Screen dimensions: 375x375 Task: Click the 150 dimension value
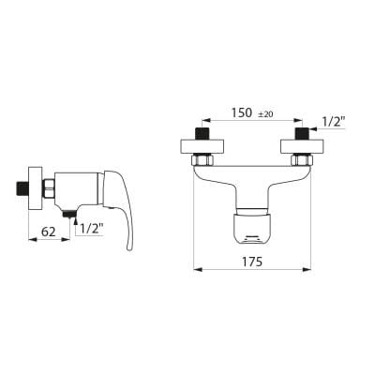point(241,112)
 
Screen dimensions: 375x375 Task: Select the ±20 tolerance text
point(265,114)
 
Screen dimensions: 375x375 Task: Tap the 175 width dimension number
point(252,262)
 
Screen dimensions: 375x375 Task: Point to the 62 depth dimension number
point(49,232)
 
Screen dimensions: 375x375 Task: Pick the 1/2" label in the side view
point(92,229)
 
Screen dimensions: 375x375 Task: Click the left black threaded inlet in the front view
point(202,134)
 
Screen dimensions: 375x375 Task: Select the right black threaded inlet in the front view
point(302,134)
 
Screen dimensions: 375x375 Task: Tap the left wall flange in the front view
point(202,147)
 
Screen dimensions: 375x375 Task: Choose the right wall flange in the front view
point(302,147)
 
